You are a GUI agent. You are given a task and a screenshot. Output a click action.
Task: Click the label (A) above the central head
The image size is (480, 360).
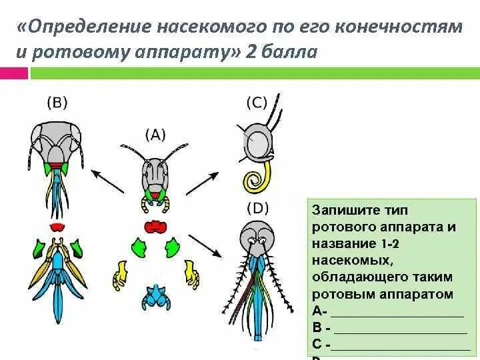point(155,134)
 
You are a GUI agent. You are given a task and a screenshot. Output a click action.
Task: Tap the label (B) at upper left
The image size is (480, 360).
point(57,102)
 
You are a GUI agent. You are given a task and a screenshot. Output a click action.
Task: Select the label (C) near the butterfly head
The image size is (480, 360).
point(257,102)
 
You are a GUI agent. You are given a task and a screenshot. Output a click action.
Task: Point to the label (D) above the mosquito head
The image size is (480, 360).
point(257,207)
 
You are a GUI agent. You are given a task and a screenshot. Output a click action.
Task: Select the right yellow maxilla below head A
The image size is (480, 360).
point(193,273)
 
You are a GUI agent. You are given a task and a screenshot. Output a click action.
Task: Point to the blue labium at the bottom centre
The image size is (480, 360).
point(158,295)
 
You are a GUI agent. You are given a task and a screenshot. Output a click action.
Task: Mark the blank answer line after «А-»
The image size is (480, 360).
point(397,312)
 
